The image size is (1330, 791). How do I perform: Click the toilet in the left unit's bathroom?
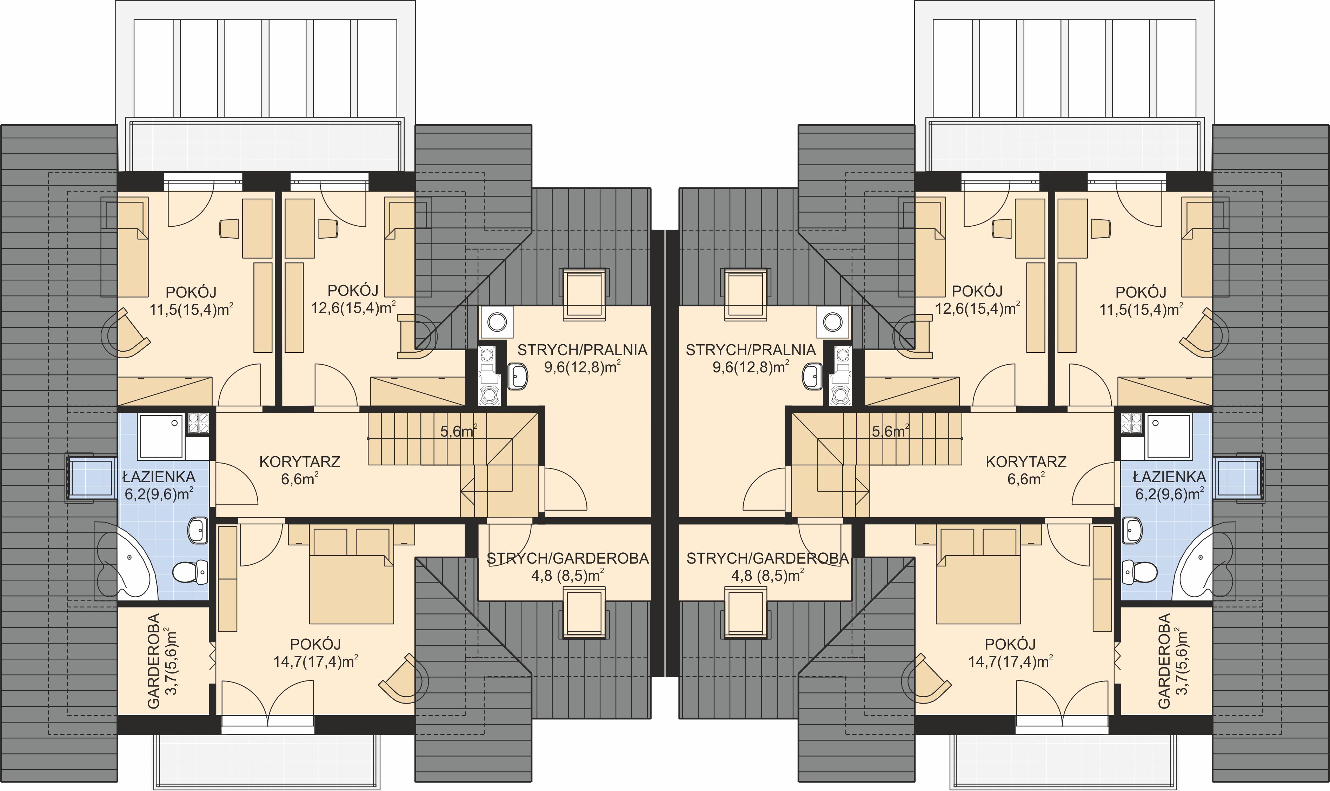point(190,572)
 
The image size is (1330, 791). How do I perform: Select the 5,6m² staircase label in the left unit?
point(459,431)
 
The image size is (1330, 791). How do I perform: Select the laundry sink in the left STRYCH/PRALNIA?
point(517,376)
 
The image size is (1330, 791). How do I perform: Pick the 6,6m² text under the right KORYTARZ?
point(1026,479)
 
